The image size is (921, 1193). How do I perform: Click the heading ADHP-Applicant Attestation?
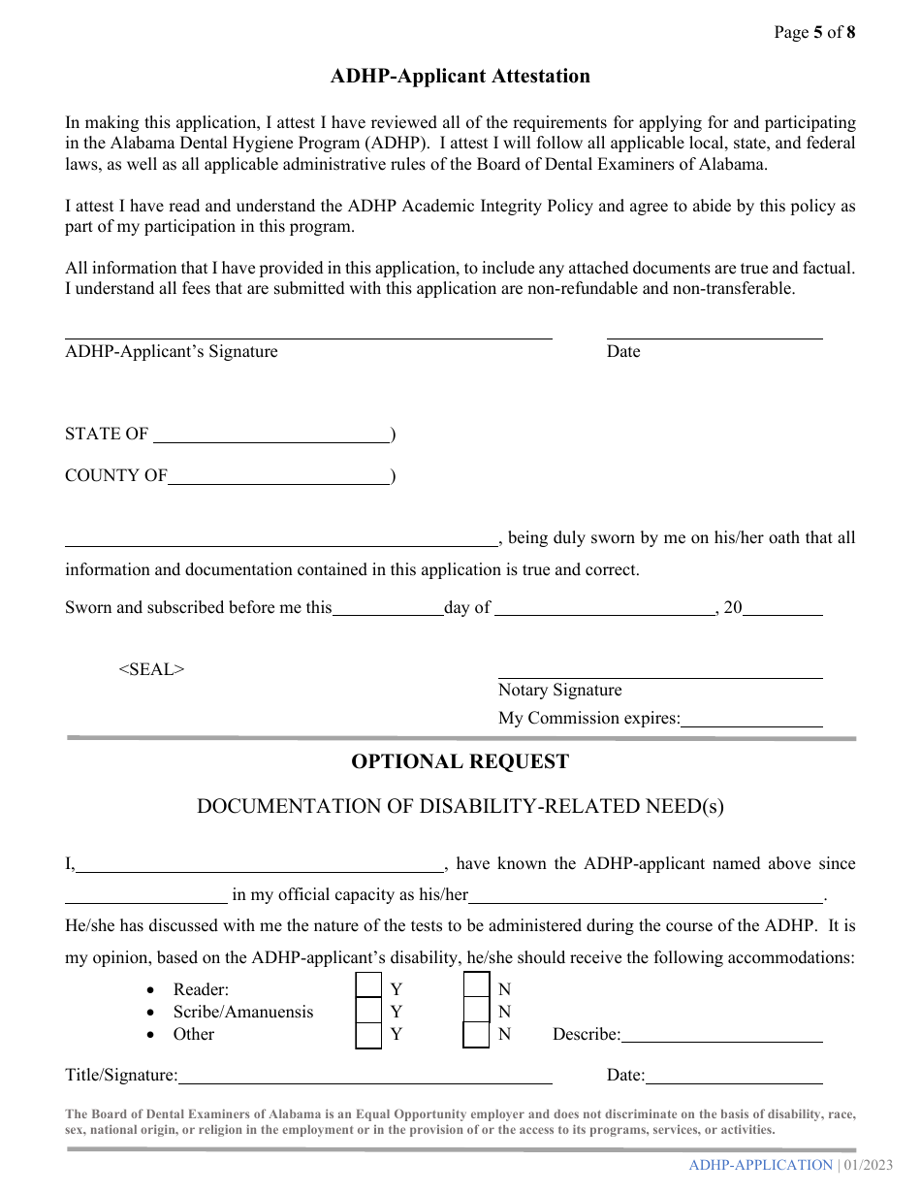click(x=460, y=77)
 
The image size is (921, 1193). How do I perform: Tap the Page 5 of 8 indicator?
click(x=814, y=32)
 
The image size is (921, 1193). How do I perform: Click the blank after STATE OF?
click(x=271, y=435)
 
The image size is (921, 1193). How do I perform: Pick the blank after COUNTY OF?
click(x=278, y=477)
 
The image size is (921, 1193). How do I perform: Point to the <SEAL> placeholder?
click(x=151, y=669)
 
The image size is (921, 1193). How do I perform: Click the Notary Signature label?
click(x=559, y=691)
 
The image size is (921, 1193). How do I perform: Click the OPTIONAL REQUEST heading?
click(x=460, y=762)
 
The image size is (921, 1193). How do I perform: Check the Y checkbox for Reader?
click(x=368, y=986)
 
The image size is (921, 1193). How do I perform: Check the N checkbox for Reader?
click(x=476, y=986)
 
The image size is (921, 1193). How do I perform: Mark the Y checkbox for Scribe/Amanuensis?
click(x=368, y=1011)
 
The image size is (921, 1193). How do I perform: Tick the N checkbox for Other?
click(x=476, y=1035)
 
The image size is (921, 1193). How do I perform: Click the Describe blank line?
click(x=722, y=1036)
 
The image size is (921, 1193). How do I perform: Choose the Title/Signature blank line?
click(x=365, y=1077)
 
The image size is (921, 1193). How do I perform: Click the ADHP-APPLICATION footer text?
click(x=760, y=1165)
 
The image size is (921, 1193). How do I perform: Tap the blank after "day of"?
click(x=605, y=609)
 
